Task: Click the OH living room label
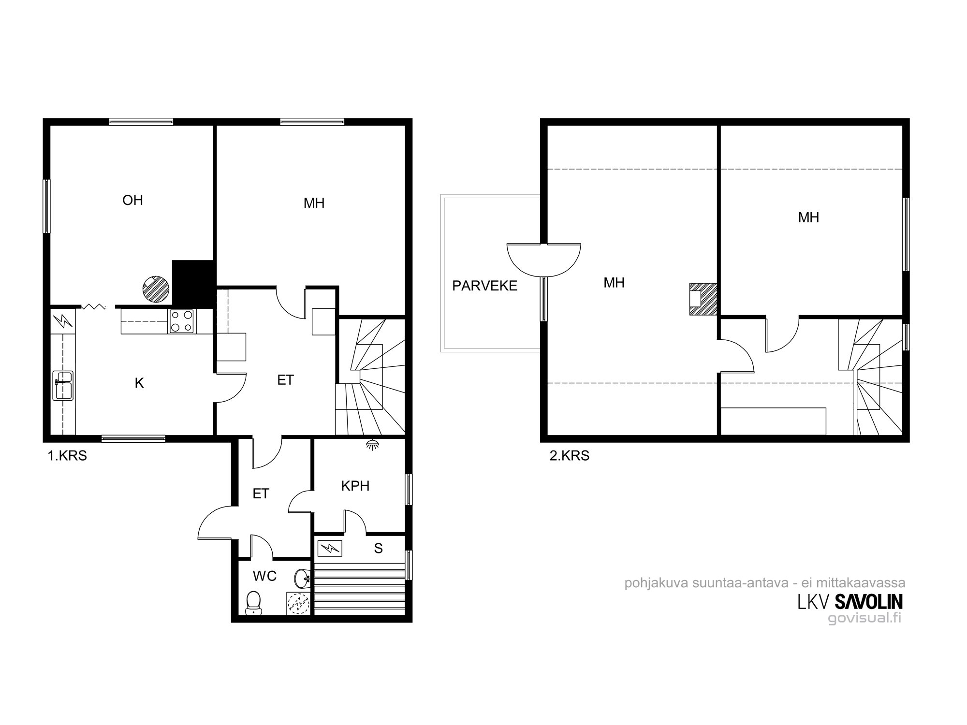132,200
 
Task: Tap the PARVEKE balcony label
484,286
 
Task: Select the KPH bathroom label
355,486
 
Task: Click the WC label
265,576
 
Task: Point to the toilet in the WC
253,603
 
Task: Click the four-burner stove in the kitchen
182,321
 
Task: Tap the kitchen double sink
63,385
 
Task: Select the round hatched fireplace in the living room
156,290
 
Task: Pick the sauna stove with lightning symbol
330,548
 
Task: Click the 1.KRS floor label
67,456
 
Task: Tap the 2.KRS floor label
570,456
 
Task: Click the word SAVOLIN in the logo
868,602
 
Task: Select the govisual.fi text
864,618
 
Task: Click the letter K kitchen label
139,383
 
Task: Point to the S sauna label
379,548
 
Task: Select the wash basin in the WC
303,577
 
